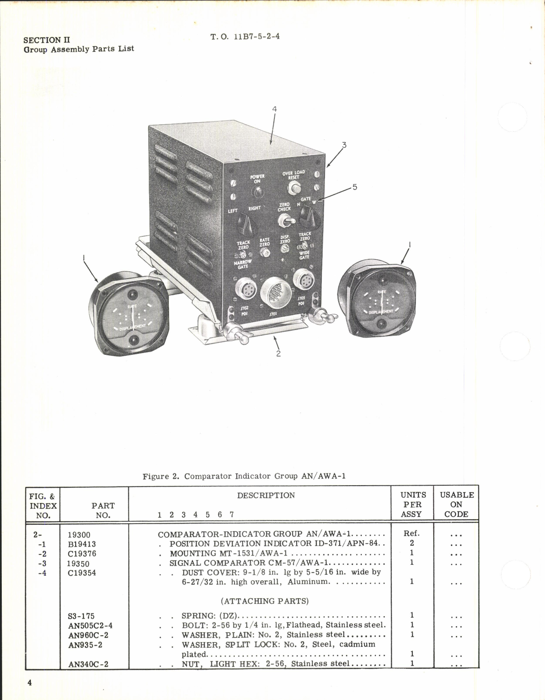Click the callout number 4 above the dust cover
tap(274, 109)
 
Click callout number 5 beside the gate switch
tap(355, 187)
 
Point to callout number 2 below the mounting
tap(278, 353)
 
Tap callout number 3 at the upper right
tap(344, 145)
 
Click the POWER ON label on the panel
tap(257, 179)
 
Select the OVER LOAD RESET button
tap(294, 188)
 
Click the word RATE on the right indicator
tap(381, 292)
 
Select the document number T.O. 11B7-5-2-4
tap(245, 37)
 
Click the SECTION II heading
tap(47, 40)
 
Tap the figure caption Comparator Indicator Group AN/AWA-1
tap(244, 476)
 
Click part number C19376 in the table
tap(82, 553)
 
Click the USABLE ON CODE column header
tap(456, 504)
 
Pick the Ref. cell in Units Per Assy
tap(411, 533)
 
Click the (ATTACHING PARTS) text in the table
tap(265, 601)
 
